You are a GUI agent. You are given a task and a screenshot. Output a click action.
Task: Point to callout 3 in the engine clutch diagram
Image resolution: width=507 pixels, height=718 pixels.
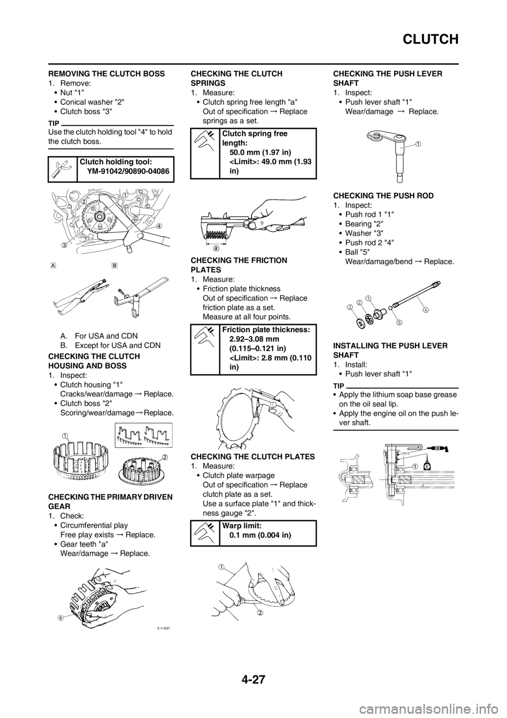[64, 244]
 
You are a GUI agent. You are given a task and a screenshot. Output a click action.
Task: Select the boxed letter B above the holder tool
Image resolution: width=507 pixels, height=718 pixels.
[114, 265]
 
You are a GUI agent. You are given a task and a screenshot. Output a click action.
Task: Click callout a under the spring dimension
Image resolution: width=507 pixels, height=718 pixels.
[216, 251]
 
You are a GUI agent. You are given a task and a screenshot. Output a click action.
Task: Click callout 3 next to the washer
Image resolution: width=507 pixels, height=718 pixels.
[349, 307]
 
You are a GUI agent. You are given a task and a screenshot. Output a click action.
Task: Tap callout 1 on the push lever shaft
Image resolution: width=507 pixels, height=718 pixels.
[418, 143]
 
